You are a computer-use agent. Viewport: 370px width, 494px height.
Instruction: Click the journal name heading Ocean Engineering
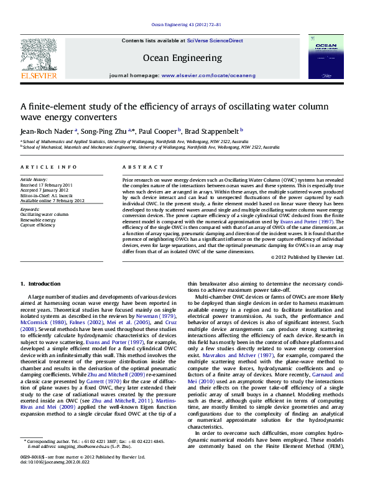pos(182,58)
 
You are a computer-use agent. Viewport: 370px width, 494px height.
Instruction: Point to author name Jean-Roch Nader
pos(47,131)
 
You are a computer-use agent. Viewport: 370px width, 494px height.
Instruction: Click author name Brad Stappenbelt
pos(216,131)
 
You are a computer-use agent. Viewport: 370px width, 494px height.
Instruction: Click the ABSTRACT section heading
pos(137,168)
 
